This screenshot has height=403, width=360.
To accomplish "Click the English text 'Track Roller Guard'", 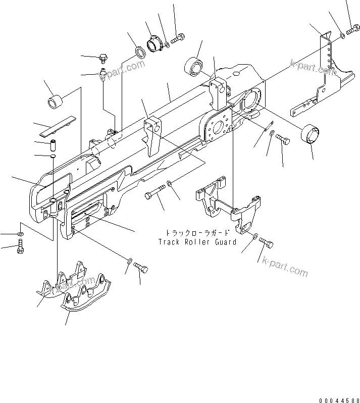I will [196, 242].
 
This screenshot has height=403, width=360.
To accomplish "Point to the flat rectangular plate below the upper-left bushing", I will [57, 126].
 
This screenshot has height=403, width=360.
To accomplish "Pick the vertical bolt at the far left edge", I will [20, 247].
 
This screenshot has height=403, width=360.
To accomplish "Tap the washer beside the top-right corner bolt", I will [343, 35].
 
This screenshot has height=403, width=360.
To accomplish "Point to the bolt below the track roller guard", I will [267, 244].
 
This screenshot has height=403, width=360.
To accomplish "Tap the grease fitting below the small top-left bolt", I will [102, 74].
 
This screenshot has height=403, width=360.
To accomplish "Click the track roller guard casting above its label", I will [227, 202].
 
